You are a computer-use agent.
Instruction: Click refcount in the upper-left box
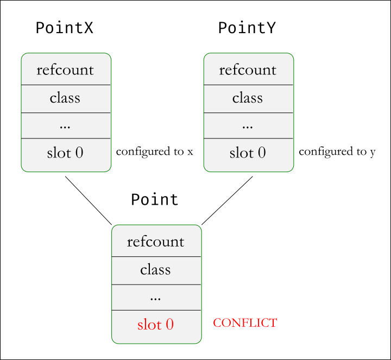click(x=65, y=70)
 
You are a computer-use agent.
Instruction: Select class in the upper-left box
click(x=65, y=98)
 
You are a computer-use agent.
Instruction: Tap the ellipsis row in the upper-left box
click(x=65, y=125)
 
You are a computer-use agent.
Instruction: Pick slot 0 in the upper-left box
click(x=65, y=153)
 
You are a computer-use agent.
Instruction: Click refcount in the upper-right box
click(x=248, y=70)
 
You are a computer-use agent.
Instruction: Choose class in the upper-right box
click(x=248, y=98)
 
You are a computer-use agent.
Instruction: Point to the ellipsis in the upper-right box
click(x=248, y=125)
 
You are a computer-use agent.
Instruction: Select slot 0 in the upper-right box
click(x=248, y=153)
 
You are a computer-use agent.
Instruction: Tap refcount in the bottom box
click(x=156, y=242)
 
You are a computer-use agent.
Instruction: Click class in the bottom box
click(x=156, y=269)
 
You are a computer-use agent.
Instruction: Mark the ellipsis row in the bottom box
click(x=156, y=297)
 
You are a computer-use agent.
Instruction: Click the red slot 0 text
click(x=156, y=325)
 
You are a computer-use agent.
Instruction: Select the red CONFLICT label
click(x=245, y=323)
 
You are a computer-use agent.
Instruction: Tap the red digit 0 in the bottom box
click(x=169, y=325)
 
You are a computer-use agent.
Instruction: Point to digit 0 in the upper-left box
click(x=79, y=153)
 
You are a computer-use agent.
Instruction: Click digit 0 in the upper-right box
click(x=262, y=153)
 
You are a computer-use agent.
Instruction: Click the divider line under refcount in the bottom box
click(x=156, y=256)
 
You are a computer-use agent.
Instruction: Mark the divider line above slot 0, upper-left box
click(x=66, y=138)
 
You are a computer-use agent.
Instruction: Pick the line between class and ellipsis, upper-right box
click(x=248, y=112)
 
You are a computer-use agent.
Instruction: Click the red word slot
click(x=149, y=325)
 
